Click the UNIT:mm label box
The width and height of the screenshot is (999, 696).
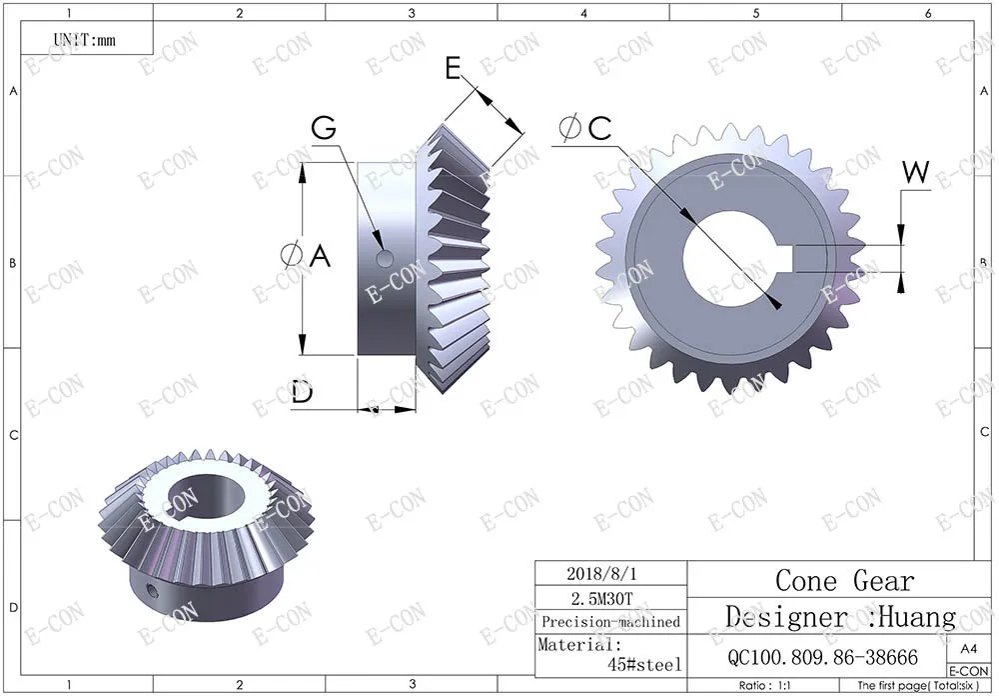(87, 38)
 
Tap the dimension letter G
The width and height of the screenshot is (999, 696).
(324, 128)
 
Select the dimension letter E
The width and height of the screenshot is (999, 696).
(453, 68)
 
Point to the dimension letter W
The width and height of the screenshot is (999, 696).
(916, 172)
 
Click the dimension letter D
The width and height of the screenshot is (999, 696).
(303, 392)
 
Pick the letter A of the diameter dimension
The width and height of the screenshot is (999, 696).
(320, 256)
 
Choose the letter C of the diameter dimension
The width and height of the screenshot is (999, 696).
(600, 128)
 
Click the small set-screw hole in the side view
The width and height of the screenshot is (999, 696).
(385, 258)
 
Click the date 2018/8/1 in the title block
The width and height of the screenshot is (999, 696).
(601, 573)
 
